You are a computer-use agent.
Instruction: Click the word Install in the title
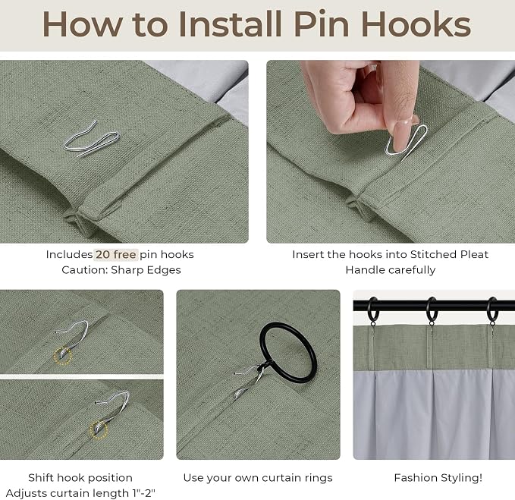click(x=230, y=24)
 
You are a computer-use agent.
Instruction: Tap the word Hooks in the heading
click(x=416, y=24)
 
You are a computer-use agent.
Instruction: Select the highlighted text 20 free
click(x=115, y=255)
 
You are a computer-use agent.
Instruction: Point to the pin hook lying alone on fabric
click(x=91, y=140)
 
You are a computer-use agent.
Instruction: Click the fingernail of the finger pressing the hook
click(x=402, y=134)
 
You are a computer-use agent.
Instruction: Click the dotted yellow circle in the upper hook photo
click(x=62, y=357)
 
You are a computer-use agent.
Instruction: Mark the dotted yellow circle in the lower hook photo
click(x=99, y=430)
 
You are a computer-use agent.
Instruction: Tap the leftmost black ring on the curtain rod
click(x=372, y=310)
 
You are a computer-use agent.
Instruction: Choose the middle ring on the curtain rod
click(x=432, y=310)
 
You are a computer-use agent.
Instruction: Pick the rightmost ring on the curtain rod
click(x=491, y=310)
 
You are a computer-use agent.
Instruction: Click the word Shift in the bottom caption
click(x=41, y=478)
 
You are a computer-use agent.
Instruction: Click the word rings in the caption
click(x=317, y=478)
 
